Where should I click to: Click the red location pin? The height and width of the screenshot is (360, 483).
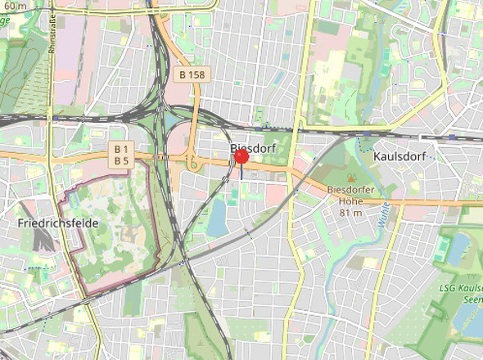(x=241, y=156)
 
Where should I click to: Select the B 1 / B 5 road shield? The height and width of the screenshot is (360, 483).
(x=122, y=155)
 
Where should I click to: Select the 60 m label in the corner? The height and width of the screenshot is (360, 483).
(x=13, y=5)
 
